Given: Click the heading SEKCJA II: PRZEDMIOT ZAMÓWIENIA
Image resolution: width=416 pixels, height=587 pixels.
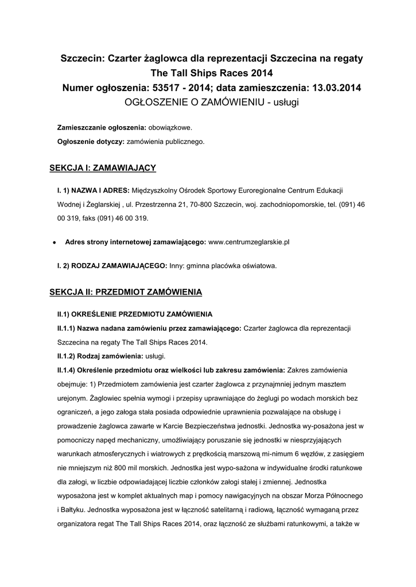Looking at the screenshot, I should (126, 292).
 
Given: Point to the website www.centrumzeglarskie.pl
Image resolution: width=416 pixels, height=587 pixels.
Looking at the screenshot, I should (248, 242).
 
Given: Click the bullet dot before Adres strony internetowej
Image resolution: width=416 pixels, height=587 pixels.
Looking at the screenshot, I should (53, 243).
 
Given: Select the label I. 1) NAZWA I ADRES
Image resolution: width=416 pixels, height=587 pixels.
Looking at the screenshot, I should (94, 190).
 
